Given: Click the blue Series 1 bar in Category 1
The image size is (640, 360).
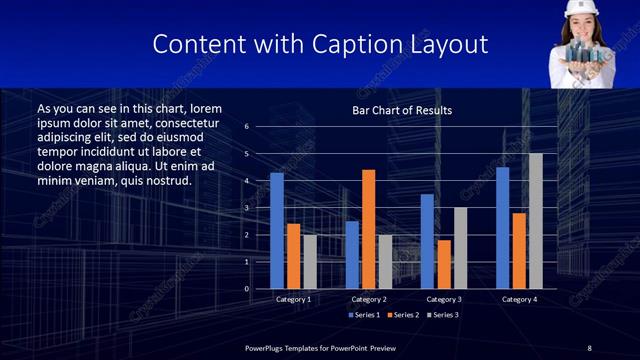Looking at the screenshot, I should [277, 231].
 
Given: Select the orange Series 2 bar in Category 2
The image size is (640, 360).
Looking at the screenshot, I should [369, 229].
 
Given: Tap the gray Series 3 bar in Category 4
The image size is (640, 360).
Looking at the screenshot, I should [536, 221].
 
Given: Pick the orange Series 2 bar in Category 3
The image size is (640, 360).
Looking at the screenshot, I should [444, 264].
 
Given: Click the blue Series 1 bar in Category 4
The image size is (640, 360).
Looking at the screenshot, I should [502, 228].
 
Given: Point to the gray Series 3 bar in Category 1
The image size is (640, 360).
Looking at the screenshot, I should [310, 262].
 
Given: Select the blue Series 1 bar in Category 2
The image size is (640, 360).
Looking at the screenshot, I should [352, 255].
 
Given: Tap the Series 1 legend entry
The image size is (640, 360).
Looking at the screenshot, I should [364, 315].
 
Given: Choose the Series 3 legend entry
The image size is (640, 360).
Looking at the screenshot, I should [442, 315].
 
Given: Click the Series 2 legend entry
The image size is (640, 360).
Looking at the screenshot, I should [403, 315].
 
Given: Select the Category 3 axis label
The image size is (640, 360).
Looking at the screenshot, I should [443, 299].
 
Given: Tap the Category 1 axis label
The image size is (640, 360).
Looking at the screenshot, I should [293, 299].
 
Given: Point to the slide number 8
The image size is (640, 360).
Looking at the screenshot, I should [589, 347].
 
